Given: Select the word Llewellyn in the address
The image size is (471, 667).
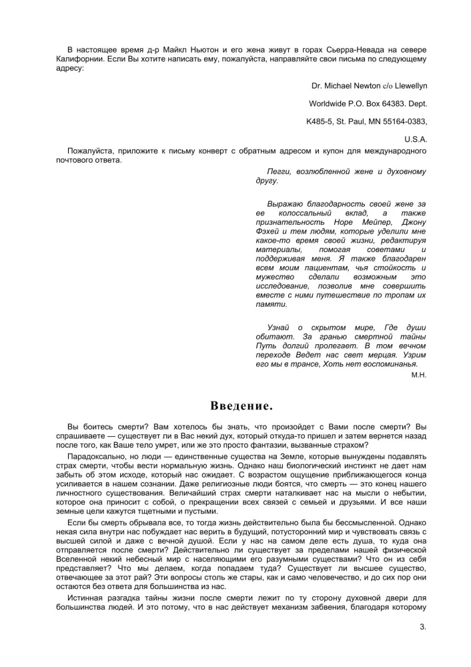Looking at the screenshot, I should pos(408,86).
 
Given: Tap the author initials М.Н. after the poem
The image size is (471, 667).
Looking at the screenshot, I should pos(419,375).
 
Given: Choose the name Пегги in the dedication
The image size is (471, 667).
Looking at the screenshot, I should pos(278,171).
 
